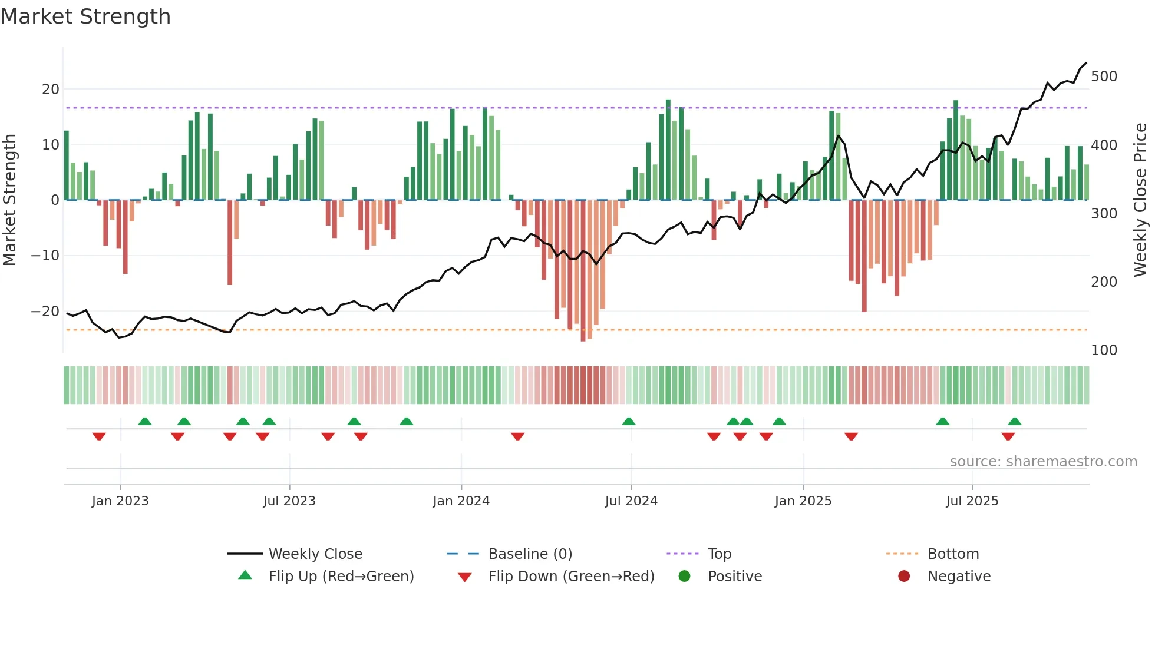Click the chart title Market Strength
(85, 16)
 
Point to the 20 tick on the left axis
(51, 90)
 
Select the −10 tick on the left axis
(45, 256)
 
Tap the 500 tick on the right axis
(1104, 77)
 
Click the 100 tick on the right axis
(1104, 350)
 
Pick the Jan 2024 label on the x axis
(461, 501)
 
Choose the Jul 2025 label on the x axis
(972, 501)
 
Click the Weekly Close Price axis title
(1140, 200)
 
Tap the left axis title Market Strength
(9, 200)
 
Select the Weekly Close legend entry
(315, 554)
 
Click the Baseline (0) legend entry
(530, 554)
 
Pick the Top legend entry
(719, 554)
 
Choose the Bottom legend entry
(953, 554)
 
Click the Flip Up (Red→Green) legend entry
(341, 577)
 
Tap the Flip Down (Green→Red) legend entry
(570, 577)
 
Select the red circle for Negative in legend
(904, 577)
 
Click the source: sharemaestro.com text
(1043, 462)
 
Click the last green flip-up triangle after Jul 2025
(1014, 422)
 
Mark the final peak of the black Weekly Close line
(1086, 63)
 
